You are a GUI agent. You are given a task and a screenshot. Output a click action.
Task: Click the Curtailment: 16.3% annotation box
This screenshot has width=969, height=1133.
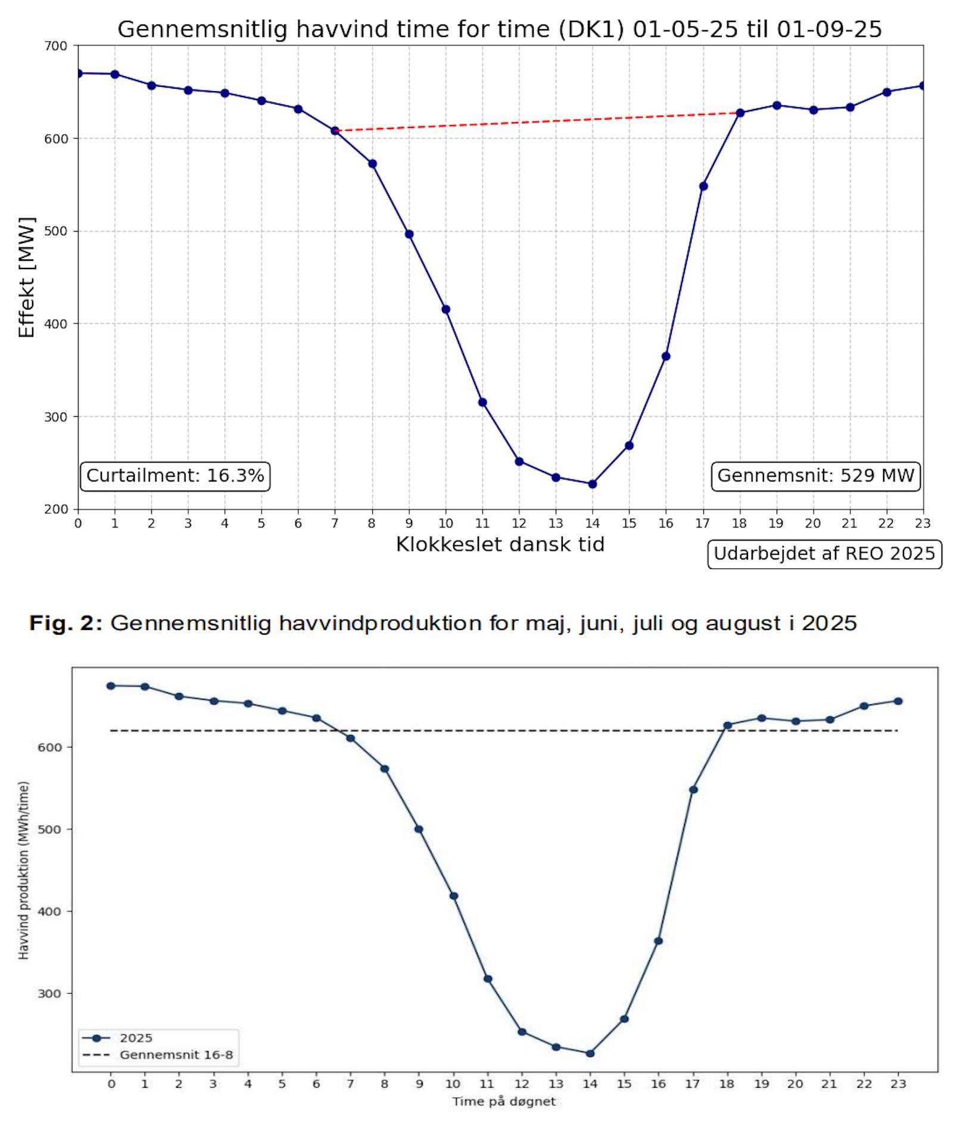tap(175, 476)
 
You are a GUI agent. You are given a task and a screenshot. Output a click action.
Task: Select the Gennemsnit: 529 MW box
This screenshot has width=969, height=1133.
tap(815, 476)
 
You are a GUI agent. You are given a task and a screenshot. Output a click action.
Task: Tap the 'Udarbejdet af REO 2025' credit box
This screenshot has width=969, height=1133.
tap(824, 554)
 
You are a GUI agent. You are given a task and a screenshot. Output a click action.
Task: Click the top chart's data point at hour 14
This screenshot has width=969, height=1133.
tap(592, 484)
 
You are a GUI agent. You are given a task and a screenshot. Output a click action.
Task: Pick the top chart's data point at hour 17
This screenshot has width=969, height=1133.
tap(703, 186)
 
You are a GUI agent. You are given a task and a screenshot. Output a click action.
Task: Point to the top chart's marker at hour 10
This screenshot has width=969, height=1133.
tap(445, 310)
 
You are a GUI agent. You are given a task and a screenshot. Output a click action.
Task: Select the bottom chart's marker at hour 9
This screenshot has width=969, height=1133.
tap(419, 829)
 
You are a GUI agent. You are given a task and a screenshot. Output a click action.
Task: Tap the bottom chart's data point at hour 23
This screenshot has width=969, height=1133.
tap(898, 701)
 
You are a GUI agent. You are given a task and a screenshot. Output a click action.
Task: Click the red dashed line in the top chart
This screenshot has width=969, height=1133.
tap(536, 121)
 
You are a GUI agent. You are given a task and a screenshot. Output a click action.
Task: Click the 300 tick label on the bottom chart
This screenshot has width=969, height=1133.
tap(49, 994)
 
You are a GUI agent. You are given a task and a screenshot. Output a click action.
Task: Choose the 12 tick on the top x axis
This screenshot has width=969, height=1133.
tap(519, 523)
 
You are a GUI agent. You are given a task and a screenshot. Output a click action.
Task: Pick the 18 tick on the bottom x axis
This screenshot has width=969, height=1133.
tap(727, 1084)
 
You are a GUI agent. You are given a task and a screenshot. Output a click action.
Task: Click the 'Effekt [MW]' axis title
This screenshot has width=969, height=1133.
tap(27, 277)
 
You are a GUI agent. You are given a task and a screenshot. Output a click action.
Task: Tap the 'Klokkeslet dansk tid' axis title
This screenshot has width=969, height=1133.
tap(500, 544)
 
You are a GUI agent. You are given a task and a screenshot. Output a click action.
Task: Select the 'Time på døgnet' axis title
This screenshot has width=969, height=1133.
tap(504, 1101)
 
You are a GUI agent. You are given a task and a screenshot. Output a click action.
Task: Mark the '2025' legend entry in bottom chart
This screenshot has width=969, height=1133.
tap(136, 1038)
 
